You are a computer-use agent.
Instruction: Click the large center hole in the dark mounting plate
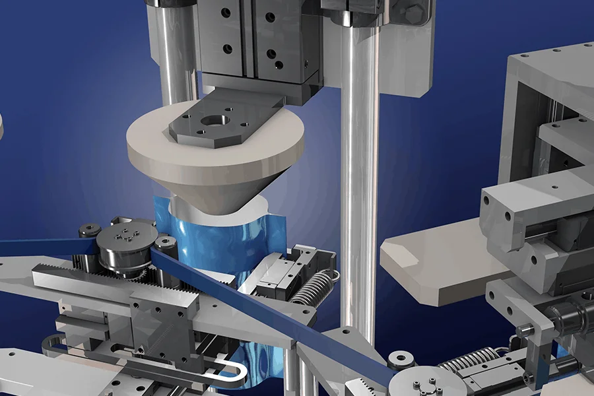pos(215,121)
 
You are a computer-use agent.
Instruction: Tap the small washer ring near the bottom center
pos(401,360)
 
